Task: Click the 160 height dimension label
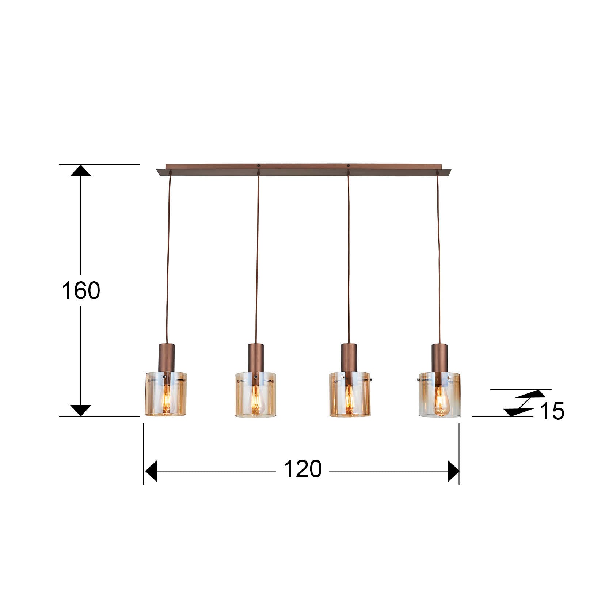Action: point(81,291)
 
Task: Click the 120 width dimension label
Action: point(302,469)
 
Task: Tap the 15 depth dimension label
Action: point(552,411)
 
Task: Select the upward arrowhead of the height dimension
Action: point(81,171)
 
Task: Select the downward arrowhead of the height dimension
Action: point(81,410)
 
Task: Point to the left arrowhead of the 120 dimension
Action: point(151,471)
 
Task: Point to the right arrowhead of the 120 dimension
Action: point(453,471)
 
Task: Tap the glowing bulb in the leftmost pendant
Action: point(166,400)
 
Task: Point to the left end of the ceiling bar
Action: point(161,172)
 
